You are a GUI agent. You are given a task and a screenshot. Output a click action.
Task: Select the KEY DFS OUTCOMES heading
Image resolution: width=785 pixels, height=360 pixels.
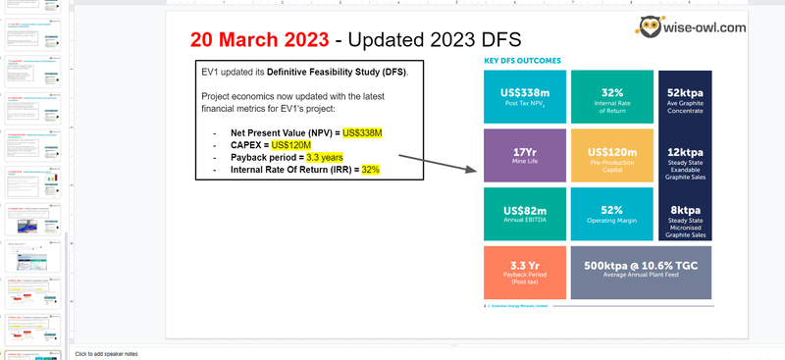(522, 61)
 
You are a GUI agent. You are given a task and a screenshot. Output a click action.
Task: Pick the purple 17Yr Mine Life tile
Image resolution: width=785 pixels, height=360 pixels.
(523, 155)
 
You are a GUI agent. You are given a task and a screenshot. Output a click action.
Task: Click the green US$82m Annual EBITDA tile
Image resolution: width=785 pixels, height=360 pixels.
(523, 213)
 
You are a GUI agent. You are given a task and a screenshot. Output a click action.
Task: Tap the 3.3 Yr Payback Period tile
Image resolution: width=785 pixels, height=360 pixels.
(523, 272)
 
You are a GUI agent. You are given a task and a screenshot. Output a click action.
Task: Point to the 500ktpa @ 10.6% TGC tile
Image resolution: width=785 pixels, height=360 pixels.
(641, 272)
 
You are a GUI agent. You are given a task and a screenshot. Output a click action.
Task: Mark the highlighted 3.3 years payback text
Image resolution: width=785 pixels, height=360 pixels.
(325, 157)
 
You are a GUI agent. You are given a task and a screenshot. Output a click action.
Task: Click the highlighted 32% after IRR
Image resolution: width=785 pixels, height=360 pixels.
(370, 170)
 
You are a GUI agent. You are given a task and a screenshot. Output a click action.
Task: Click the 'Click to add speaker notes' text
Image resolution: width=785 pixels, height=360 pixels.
(106, 353)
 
